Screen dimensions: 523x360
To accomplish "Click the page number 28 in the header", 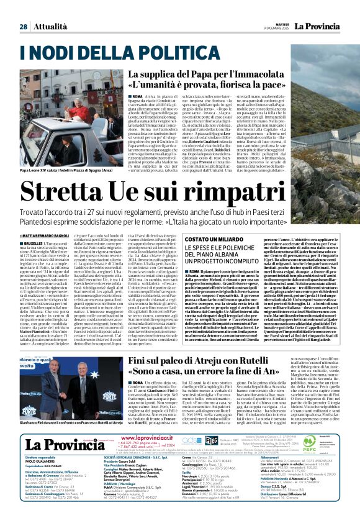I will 22,9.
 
